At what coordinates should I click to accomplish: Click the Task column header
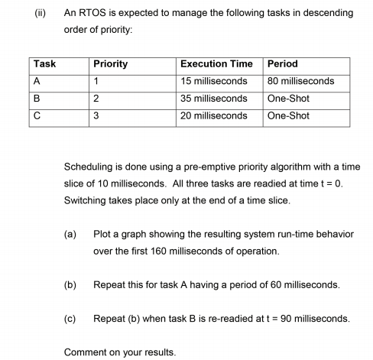45,64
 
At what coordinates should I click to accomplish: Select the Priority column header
110,64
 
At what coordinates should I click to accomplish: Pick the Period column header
283,64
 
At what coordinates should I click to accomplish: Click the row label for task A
38,81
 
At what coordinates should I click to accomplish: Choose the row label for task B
38,99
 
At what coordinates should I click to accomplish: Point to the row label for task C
38,115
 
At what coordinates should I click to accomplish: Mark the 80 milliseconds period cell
300,81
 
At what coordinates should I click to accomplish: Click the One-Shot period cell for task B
288,99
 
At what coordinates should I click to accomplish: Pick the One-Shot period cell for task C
288,115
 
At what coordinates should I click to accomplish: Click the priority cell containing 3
96,115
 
